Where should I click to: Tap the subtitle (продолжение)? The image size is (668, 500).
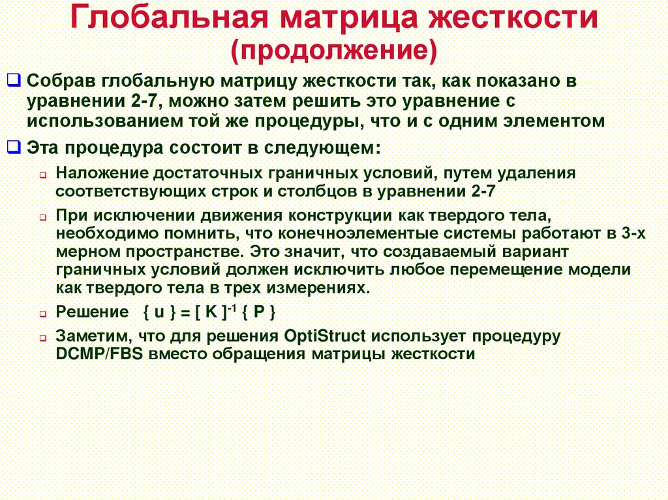(x=333, y=51)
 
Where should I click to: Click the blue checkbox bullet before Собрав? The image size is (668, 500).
(x=14, y=81)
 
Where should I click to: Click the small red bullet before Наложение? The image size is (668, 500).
(x=42, y=176)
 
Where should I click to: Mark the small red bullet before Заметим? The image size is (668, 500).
(x=42, y=339)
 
